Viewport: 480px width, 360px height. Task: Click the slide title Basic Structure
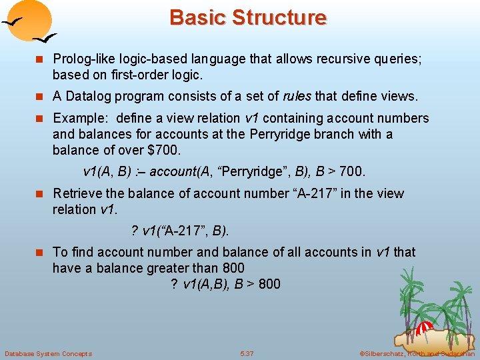pyautogui.click(x=248, y=17)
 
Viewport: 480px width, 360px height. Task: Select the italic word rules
pyautogui.click(x=297, y=96)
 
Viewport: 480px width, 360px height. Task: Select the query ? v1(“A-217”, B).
pyautogui.click(x=179, y=231)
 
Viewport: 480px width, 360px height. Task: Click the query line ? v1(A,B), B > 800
pyautogui.click(x=225, y=284)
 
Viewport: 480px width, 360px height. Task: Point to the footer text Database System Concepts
pyautogui.click(x=48, y=353)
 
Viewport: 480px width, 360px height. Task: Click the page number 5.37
pyautogui.click(x=247, y=353)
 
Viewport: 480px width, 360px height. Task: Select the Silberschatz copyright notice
pyautogui.click(x=417, y=353)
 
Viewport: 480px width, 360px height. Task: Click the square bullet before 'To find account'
pyautogui.click(x=42, y=253)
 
